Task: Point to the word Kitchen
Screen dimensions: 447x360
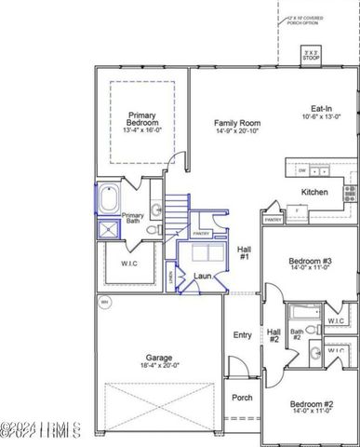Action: (314, 192)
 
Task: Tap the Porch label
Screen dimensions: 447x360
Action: (242, 398)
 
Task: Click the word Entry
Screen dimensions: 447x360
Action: (242, 335)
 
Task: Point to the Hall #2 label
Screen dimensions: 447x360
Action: (274, 335)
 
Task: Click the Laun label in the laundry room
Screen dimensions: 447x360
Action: (203, 276)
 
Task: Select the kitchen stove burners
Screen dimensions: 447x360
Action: (350, 194)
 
